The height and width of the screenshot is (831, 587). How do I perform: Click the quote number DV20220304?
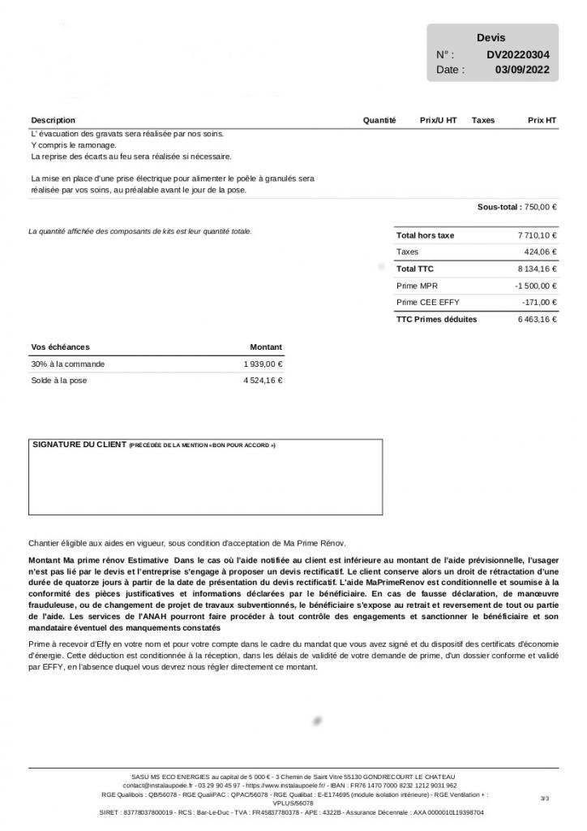(518, 54)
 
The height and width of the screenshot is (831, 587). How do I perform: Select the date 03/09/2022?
(522, 70)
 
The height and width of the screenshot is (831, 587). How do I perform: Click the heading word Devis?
(491, 38)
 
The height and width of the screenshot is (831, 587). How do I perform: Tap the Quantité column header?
(379, 120)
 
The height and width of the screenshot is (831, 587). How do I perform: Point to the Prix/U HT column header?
(438, 120)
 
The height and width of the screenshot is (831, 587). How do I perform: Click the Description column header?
(53, 120)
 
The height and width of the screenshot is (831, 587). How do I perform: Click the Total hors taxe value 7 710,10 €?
(537, 235)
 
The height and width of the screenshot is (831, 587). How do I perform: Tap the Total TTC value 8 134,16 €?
(537, 269)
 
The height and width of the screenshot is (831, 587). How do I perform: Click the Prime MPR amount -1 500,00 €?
(535, 286)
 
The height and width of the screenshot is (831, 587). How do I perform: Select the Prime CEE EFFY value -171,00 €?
(539, 303)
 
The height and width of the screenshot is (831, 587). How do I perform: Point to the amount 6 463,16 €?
(537, 320)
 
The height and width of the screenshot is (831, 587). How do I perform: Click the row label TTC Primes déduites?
(436, 320)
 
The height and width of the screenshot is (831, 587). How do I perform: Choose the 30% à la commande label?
(67, 364)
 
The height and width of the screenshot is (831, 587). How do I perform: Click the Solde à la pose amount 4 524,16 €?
(263, 381)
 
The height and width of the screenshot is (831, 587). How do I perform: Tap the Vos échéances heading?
(60, 347)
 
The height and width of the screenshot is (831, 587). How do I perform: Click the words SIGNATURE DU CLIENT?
(79, 445)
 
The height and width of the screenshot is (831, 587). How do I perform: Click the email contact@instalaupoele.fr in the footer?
(157, 786)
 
